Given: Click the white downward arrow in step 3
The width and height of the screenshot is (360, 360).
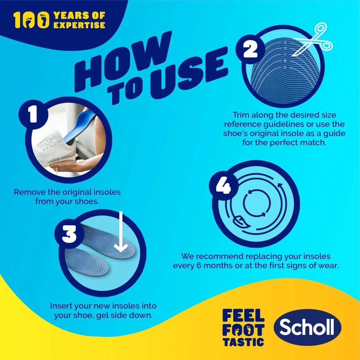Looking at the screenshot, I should point(121,234).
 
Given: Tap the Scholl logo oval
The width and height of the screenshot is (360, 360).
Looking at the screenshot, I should point(307,328).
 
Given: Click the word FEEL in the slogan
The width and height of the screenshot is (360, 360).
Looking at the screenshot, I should point(243,316).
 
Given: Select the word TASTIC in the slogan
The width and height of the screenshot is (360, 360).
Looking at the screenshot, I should point(243,341).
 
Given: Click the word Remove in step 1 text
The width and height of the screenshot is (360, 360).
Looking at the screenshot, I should point(29,192).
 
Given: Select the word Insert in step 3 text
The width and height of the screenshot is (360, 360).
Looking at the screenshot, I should point(61,306).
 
